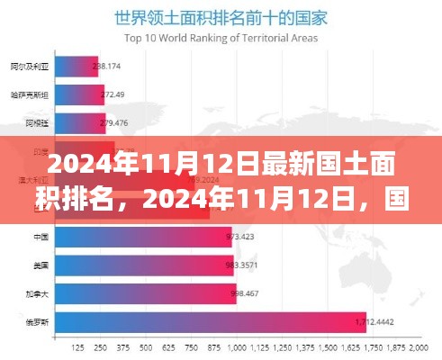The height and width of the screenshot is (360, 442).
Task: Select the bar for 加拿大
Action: tap(144, 292)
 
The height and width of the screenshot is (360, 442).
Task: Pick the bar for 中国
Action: tap(141, 238)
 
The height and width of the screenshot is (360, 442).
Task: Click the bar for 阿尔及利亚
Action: tap(75, 66)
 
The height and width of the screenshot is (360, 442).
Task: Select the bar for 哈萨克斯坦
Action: tap(77, 94)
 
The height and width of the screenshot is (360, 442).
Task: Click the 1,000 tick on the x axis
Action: tap(238, 346)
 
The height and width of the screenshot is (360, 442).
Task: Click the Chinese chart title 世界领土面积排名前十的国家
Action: tap(221, 15)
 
